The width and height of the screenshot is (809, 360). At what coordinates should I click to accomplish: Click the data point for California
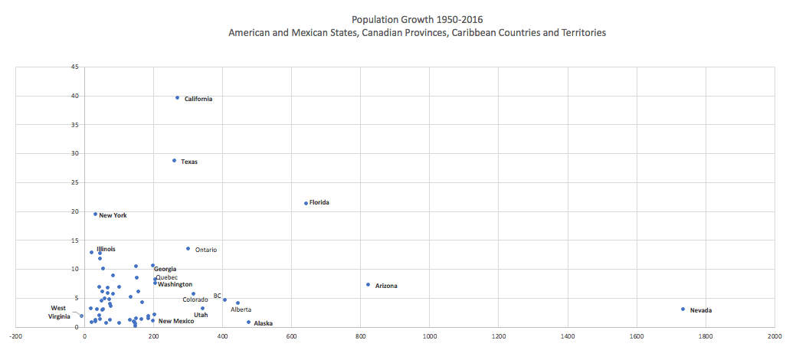click(177, 98)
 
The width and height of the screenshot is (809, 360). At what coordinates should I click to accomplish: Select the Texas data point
click(174, 161)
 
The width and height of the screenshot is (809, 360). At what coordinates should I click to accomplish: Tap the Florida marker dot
click(306, 203)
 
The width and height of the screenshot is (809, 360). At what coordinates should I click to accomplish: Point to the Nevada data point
click(683, 309)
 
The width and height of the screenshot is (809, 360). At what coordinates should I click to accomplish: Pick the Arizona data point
click(368, 285)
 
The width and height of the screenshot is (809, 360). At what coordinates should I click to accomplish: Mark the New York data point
click(95, 214)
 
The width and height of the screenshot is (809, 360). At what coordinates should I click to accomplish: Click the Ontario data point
click(188, 249)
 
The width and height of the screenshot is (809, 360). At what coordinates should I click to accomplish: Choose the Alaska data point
click(248, 322)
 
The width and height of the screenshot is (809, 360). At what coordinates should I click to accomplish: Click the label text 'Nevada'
click(700, 310)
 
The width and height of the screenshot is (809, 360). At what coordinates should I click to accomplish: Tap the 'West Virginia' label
click(59, 313)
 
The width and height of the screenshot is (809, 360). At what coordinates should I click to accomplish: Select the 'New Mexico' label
click(176, 321)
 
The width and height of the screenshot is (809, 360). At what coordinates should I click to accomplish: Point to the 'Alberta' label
click(241, 309)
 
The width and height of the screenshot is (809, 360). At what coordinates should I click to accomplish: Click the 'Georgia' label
click(165, 269)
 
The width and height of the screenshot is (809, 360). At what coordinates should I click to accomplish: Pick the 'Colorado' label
click(195, 299)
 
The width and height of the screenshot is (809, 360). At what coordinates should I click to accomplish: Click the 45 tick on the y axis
click(75, 67)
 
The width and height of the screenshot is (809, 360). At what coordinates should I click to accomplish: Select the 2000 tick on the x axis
click(775, 335)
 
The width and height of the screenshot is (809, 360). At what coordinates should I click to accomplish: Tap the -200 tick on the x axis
click(15, 335)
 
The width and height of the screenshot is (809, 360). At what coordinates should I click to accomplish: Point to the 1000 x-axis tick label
click(429, 335)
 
